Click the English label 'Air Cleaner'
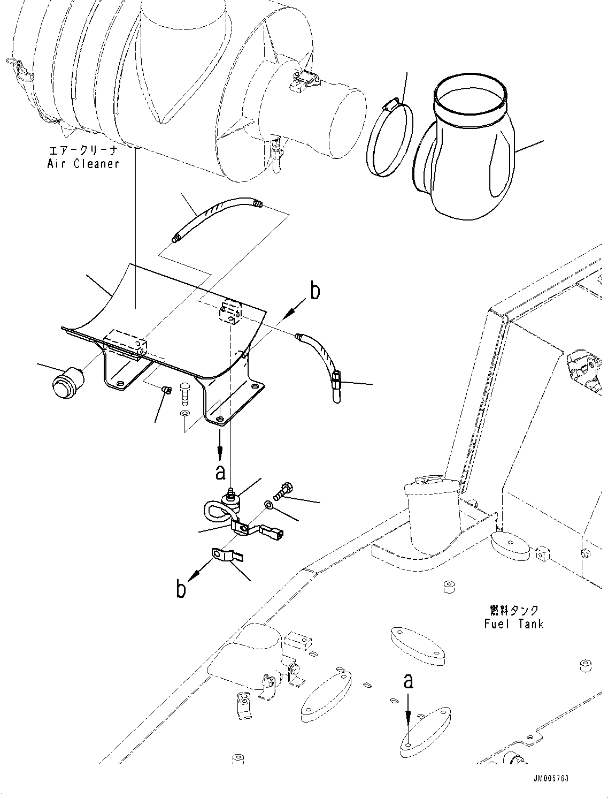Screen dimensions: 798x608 83,164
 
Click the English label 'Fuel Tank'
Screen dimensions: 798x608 513,624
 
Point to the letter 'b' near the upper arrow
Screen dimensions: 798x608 315,292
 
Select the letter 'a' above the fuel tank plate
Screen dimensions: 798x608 408,681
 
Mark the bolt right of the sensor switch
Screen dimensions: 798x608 283,489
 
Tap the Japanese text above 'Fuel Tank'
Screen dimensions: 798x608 514,610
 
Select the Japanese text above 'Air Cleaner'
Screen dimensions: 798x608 83,150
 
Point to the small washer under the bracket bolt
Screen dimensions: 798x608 184,415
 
